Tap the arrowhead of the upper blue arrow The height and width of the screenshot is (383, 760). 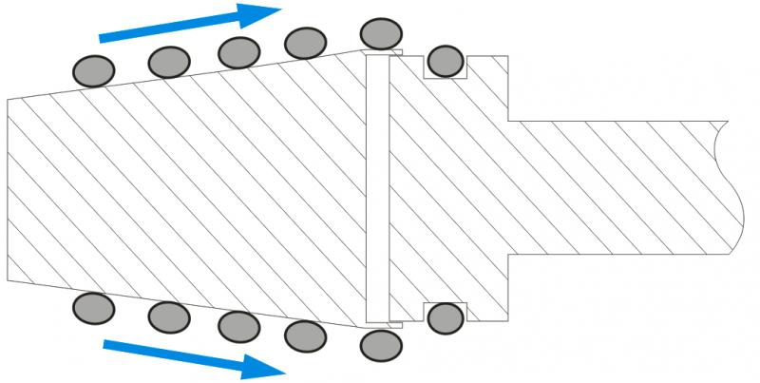pos(258,14)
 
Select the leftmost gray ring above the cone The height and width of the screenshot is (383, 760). pos(94,69)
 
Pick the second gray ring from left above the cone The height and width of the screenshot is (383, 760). pos(169,62)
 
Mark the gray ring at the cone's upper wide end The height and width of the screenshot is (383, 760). pos(381,33)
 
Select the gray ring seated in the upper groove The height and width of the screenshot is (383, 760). pos(445,62)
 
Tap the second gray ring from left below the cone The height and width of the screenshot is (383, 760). pos(169,316)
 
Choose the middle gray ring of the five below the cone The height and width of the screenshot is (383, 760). pos(239,326)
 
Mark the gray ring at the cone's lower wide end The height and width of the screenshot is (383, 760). pos(381,343)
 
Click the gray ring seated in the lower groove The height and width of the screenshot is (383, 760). pos(445,317)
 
